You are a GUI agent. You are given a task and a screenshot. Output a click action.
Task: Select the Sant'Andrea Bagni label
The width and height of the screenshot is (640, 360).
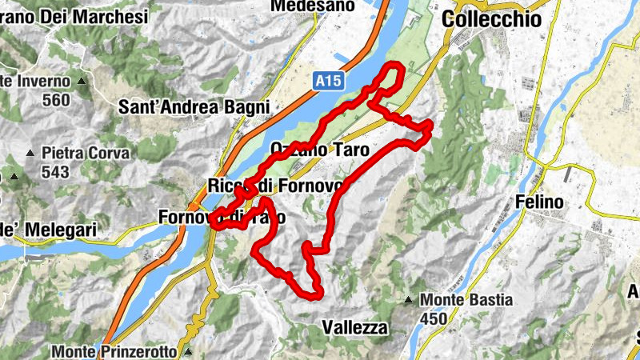point(194,106)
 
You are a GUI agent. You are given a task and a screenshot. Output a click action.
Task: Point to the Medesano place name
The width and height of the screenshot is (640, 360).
point(301,6)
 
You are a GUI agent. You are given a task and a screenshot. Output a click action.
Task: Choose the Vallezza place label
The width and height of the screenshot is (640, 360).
point(354,327)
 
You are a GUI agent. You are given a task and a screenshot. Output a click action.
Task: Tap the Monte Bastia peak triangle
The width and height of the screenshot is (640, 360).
point(408,301)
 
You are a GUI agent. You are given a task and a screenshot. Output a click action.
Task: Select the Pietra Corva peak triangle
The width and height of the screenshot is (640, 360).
point(30,152)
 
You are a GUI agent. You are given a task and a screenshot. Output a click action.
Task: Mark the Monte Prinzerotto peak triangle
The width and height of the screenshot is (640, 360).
point(188,351)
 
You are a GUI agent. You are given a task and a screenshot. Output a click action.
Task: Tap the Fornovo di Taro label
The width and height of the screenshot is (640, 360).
point(222,217)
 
